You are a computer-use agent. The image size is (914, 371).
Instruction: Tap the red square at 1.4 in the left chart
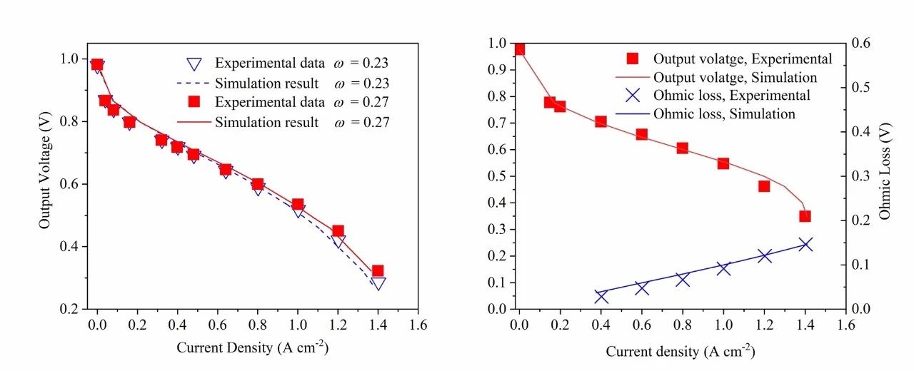[x=378, y=271]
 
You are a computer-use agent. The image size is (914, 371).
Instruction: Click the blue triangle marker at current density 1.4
[x=378, y=283]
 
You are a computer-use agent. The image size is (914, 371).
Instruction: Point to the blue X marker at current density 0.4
[x=601, y=296]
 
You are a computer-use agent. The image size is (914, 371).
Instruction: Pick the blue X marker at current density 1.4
[x=805, y=244]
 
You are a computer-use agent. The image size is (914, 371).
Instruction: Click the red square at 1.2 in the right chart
[x=764, y=186]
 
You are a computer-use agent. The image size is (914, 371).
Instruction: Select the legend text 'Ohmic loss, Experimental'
[x=732, y=96]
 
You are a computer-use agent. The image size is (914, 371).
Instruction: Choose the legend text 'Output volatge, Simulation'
[x=735, y=77]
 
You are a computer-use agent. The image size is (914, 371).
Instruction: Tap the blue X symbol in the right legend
[x=631, y=96]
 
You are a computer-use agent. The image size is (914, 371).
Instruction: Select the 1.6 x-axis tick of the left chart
[x=418, y=325]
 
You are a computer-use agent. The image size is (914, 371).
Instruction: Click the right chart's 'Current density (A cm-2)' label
[x=680, y=351]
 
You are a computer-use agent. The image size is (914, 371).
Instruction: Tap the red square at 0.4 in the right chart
[x=601, y=122]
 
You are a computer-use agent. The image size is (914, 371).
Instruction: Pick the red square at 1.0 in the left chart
[x=298, y=205]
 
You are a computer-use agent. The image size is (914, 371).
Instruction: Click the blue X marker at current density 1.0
[x=723, y=268]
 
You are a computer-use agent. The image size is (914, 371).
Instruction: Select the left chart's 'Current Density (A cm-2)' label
[x=253, y=347]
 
